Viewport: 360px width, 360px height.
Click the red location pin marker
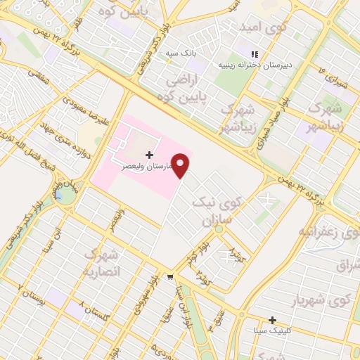click(x=181, y=165)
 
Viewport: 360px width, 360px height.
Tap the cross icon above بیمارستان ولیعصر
click(x=149, y=154)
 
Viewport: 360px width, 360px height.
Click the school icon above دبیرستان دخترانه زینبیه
click(x=255, y=54)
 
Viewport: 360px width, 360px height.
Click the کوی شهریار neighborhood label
click(x=326, y=301)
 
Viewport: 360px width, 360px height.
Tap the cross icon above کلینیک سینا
click(x=272, y=320)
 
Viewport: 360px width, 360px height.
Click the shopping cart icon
click(x=170, y=277)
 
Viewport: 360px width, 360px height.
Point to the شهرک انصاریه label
click(x=102, y=262)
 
